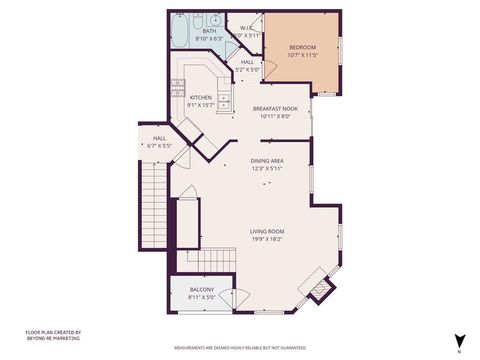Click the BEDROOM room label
(x=302, y=47)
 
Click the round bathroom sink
(x=217, y=20)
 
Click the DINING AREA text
(x=267, y=160)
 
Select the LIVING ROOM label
(x=267, y=231)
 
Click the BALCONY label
(x=202, y=289)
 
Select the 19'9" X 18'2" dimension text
(x=267, y=239)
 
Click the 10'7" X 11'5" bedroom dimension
(x=302, y=54)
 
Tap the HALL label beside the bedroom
(x=247, y=62)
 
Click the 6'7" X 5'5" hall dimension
(x=159, y=146)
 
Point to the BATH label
(x=209, y=31)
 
